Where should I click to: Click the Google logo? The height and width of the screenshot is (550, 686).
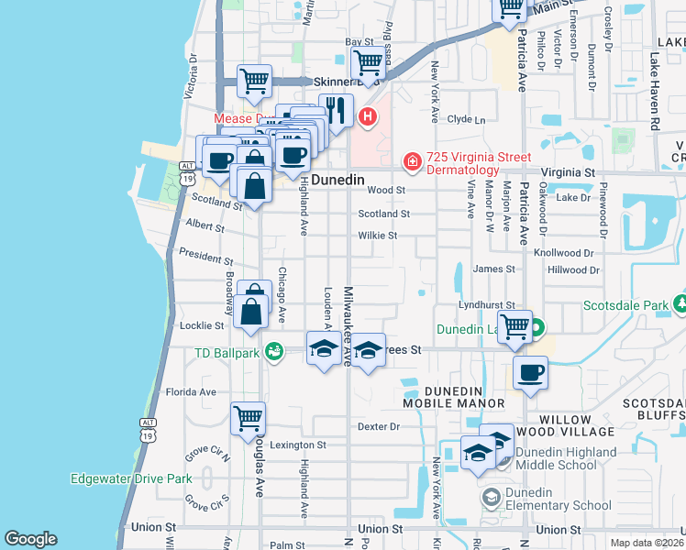click(30, 539)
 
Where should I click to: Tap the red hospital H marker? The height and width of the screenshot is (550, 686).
click(368, 116)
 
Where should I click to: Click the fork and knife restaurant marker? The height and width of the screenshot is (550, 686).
click(336, 111)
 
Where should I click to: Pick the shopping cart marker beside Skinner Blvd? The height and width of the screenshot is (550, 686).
click(369, 63)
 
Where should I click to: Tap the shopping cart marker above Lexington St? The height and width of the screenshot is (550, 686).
click(249, 419)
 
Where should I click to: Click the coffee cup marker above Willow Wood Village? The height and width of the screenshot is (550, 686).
click(530, 373)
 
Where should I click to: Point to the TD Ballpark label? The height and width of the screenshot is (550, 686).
click(228, 352)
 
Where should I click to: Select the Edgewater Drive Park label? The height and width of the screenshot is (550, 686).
click(131, 478)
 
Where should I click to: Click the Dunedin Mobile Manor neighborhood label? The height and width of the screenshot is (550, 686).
click(454, 396)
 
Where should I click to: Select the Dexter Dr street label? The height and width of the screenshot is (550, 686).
click(380, 426)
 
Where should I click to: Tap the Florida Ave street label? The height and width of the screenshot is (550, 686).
click(191, 391)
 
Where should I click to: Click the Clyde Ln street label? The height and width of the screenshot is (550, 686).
click(466, 119)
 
